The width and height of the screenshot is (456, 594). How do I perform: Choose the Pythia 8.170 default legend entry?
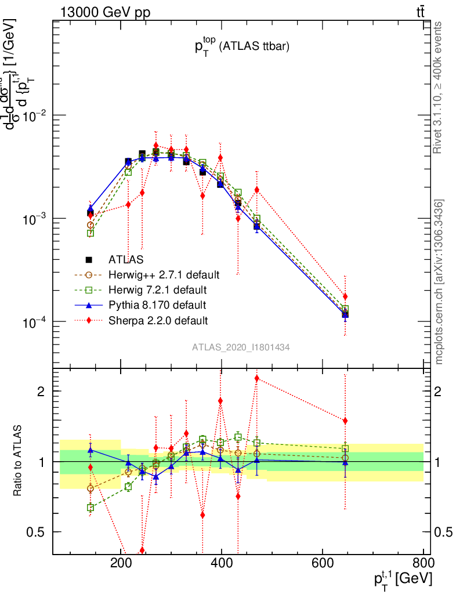(x=157, y=305)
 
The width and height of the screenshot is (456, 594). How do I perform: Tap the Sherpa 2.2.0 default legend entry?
(x=158, y=320)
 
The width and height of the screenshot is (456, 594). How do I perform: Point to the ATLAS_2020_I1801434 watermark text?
(x=241, y=347)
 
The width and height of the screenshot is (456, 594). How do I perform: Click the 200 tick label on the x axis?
(x=120, y=563)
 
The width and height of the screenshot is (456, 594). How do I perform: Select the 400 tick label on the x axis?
(x=221, y=563)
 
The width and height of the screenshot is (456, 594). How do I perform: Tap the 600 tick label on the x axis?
(x=322, y=563)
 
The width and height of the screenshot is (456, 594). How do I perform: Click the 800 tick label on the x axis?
(x=422, y=563)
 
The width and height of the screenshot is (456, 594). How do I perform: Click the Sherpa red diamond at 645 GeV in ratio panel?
(x=345, y=421)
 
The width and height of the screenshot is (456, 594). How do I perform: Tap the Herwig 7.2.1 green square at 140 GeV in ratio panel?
(x=90, y=508)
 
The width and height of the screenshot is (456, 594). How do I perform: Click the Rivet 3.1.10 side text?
(x=439, y=87)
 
